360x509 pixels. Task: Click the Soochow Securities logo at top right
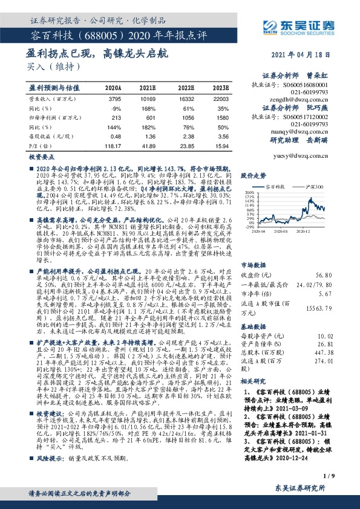tap(306, 25)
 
